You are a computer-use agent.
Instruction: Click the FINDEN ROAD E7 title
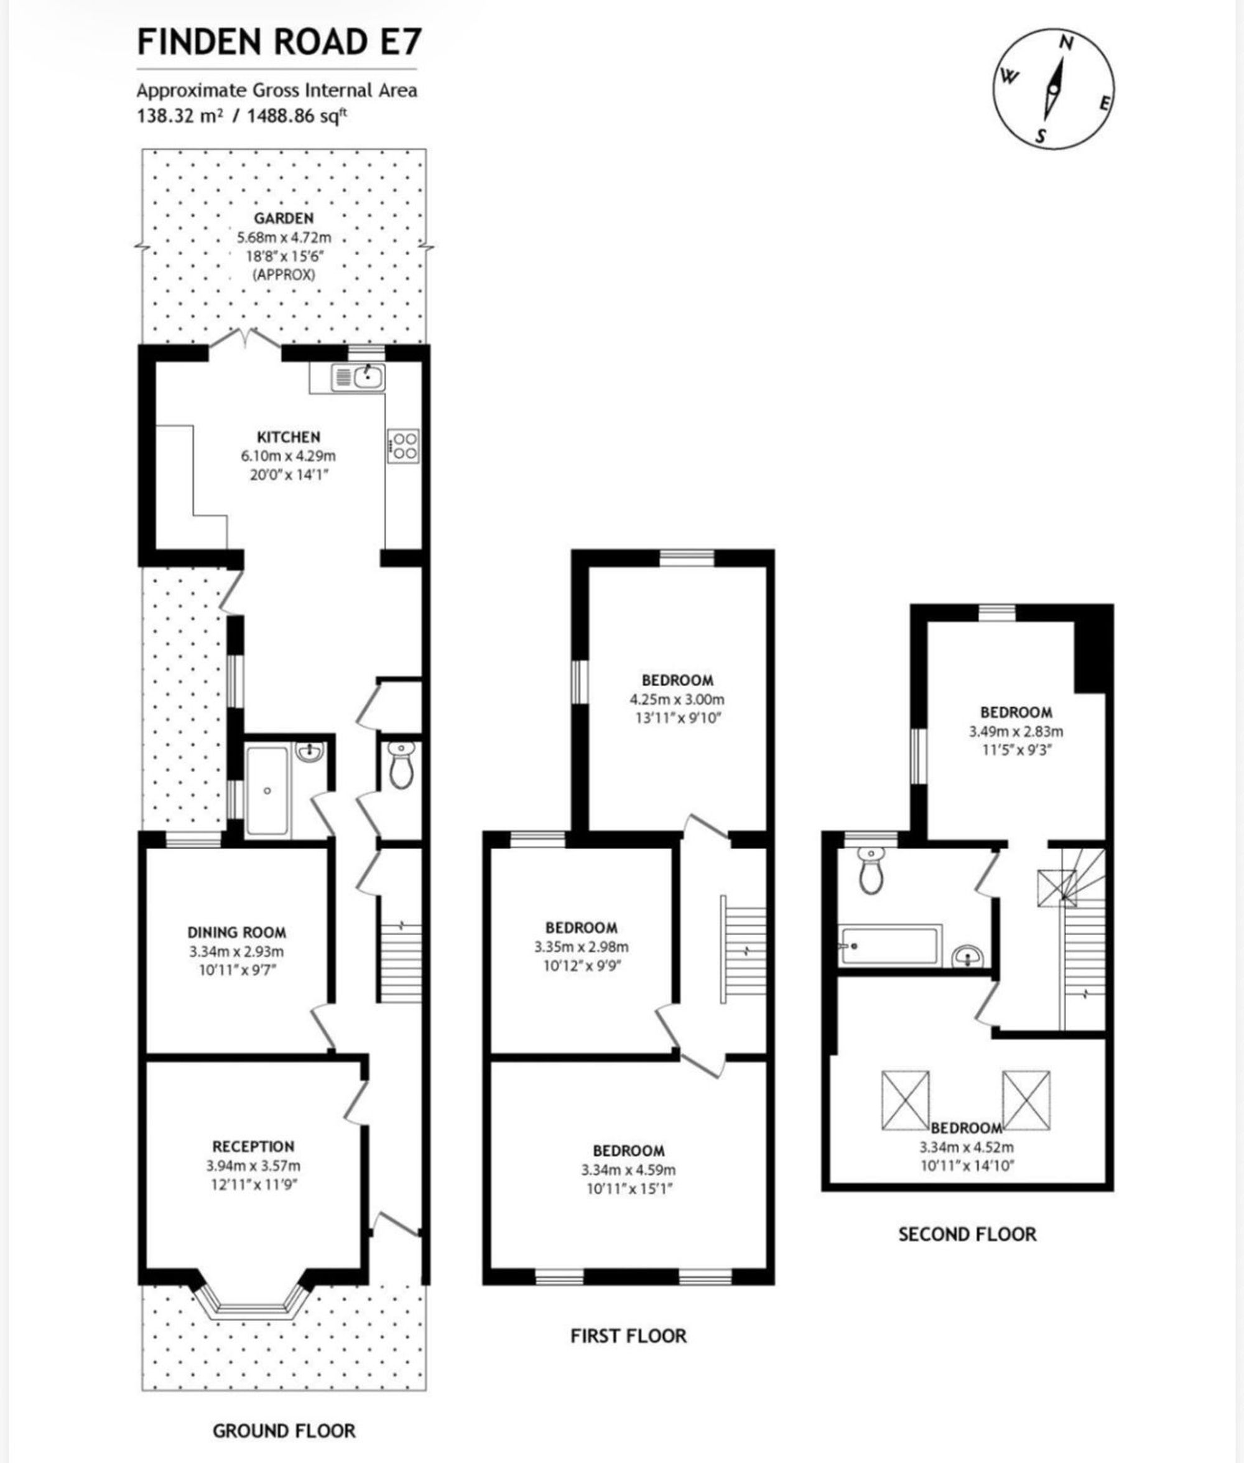click(x=279, y=42)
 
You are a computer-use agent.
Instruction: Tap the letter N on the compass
click(x=1067, y=44)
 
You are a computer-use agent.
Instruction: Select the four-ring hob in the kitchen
click(x=402, y=445)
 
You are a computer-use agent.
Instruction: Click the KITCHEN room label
click(x=289, y=437)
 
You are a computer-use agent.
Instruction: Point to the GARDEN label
click(x=284, y=218)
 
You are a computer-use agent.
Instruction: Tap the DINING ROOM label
click(x=236, y=932)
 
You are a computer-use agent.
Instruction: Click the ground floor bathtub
click(x=267, y=791)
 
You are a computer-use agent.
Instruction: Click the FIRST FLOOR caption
click(x=628, y=1336)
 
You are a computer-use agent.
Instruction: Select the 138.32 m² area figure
click(x=179, y=116)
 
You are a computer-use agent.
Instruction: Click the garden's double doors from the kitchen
click(x=246, y=338)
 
